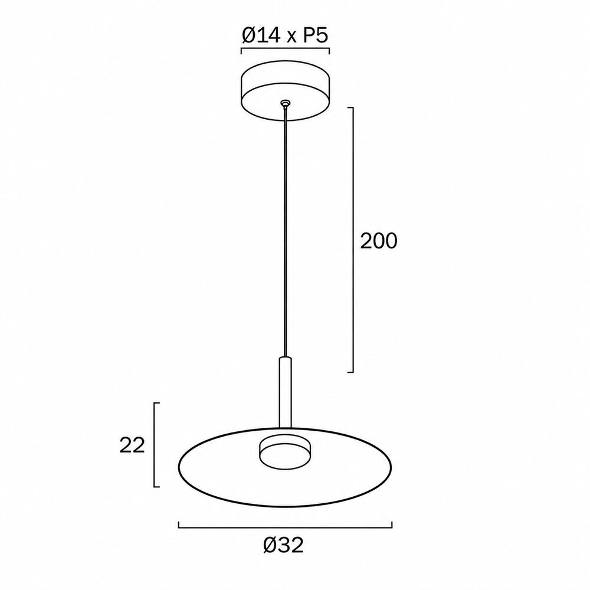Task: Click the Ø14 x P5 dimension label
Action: tap(285, 36)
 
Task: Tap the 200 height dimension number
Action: tap(379, 241)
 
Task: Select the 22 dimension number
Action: tap(132, 445)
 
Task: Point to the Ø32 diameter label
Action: tap(283, 545)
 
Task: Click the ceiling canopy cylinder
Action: tap(286, 91)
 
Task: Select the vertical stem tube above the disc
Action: tap(285, 392)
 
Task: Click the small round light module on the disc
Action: tap(285, 453)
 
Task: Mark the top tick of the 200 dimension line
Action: tap(350, 107)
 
